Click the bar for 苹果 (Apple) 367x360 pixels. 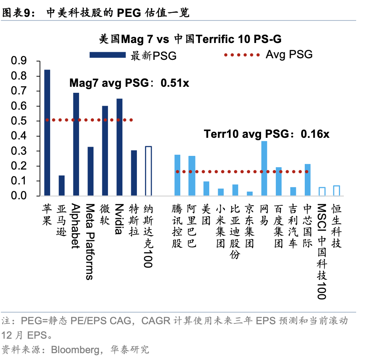point(47,133)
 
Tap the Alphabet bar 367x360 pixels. point(76,144)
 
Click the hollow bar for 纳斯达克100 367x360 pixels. point(148,171)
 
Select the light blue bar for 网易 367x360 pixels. point(264,168)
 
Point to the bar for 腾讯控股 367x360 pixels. point(177,175)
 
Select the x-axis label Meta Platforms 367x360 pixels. point(90,241)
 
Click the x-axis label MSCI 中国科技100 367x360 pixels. point(322,252)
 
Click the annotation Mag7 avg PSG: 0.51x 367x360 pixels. point(129,83)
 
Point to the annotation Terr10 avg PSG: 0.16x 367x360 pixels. point(267,134)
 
